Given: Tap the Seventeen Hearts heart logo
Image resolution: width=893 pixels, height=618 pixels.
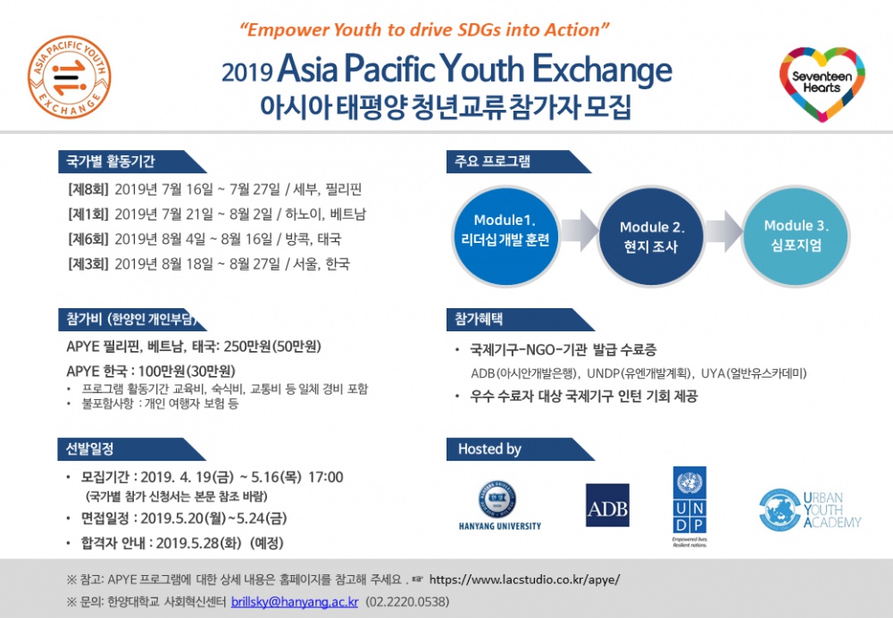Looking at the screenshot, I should [821, 78].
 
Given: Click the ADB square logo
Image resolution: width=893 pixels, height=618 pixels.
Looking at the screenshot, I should [607, 505].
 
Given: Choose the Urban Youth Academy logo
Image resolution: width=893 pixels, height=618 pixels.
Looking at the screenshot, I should [808, 509].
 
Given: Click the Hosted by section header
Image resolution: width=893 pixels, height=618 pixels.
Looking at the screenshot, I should [489, 449].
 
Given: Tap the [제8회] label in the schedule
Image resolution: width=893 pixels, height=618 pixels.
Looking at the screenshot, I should [88, 189].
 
